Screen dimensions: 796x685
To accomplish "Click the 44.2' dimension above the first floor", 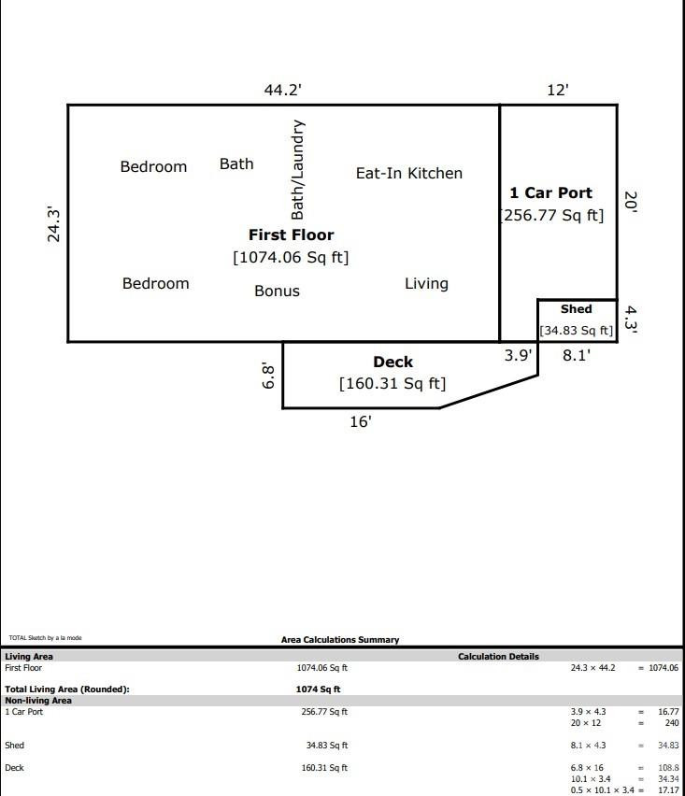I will [x=282, y=90].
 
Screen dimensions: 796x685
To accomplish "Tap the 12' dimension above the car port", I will [x=557, y=90].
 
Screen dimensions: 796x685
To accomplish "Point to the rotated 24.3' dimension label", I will [x=54, y=225].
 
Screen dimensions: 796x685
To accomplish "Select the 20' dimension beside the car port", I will [x=631, y=203].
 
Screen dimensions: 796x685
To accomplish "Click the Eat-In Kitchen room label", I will [x=408, y=173].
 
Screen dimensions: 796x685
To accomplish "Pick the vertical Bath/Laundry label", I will [x=297, y=169].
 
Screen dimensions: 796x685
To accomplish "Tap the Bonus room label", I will [x=277, y=291].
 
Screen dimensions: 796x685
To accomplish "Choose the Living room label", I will [x=426, y=283].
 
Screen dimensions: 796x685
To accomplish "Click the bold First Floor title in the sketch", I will [x=291, y=235].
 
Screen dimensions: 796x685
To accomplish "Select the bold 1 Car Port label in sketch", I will [x=550, y=192].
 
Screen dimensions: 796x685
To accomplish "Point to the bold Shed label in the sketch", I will [x=576, y=309].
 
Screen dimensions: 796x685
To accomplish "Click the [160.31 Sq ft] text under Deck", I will [x=392, y=383].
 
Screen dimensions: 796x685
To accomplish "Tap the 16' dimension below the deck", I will [x=361, y=421].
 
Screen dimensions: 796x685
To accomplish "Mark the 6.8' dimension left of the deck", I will [x=268, y=376].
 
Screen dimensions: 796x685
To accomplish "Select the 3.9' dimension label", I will [x=518, y=355].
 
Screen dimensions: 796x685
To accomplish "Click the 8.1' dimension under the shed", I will [x=576, y=355].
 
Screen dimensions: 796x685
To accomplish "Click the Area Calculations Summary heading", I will [x=340, y=640].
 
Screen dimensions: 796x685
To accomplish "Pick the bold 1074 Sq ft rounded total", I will [x=318, y=689].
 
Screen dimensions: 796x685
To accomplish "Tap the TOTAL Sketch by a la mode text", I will [x=45, y=638].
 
